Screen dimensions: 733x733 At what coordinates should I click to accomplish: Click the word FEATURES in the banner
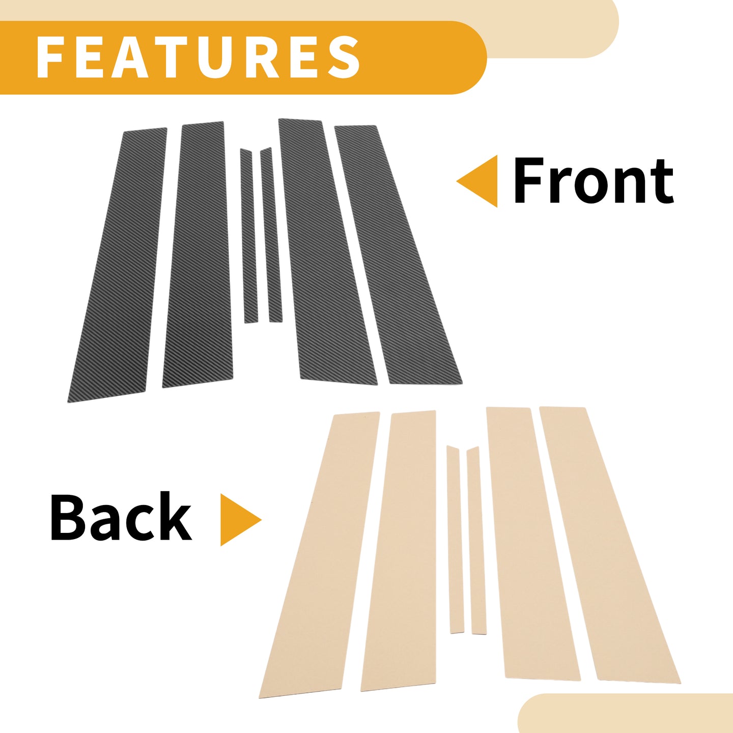pyautogui.click(x=198, y=57)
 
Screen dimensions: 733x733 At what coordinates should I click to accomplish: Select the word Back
pyautogui.click(x=121, y=517)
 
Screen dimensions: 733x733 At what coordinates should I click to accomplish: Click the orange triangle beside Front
pyautogui.click(x=477, y=181)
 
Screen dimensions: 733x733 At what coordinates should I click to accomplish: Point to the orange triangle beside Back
pyautogui.click(x=241, y=520)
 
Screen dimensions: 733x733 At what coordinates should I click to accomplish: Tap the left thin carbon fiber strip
pyautogui.click(x=249, y=236)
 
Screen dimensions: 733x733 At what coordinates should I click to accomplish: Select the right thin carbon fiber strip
pyautogui.click(x=272, y=234)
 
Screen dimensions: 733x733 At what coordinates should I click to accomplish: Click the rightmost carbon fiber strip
pyautogui.click(x=398, y=254)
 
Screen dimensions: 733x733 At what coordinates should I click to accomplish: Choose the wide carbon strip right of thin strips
pyautogui.click(x=327, y=252)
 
